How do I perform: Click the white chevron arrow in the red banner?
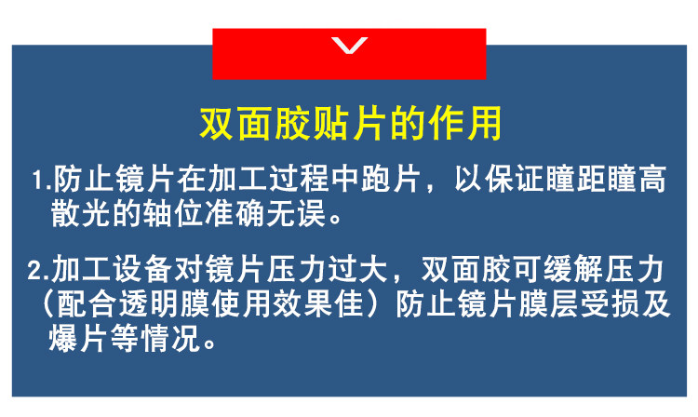[349, 45]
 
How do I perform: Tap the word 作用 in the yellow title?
[464, 123]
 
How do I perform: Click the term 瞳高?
[638, 179]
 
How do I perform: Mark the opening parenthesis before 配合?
[47, 304]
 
